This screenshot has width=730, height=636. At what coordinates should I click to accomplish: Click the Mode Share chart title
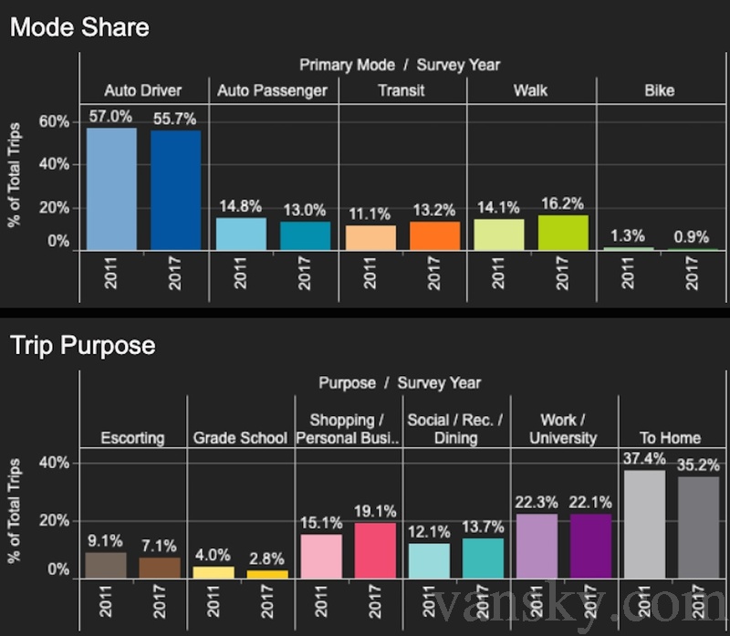[79, 26]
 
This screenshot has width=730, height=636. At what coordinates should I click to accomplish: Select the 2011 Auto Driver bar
[111, 189]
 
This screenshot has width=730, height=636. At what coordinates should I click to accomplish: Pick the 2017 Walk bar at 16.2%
[563, 232]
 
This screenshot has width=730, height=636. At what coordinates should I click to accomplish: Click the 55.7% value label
[175, 119]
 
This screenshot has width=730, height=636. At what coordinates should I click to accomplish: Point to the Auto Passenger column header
[273, 90]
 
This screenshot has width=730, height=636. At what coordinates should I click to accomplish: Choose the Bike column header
[659, 90]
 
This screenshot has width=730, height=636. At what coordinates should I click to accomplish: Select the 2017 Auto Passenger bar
[306, 235]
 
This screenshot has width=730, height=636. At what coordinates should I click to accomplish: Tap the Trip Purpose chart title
[82, 347]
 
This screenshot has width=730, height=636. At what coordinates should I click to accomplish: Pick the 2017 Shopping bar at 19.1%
[375, 550]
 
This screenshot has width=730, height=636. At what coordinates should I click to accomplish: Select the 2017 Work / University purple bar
[590, 546]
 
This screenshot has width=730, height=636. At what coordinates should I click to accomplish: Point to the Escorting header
[133, 438]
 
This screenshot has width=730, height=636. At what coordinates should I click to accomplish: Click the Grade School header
[240, 438]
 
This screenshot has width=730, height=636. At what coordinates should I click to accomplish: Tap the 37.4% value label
[643, 458]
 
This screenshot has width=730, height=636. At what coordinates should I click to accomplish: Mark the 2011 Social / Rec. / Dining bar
[429, 560]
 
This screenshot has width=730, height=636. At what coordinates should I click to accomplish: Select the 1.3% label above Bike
[629, 236]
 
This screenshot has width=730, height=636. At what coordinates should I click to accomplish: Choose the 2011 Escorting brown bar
[106, 565]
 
